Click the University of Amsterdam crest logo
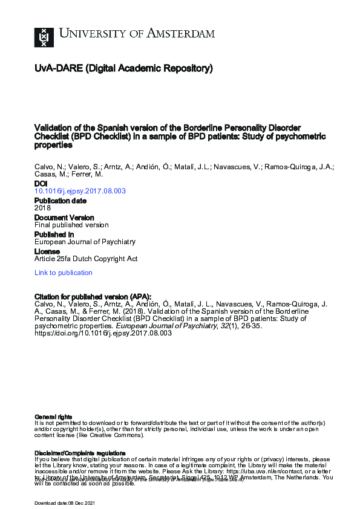pos(43,38)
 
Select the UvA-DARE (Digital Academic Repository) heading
pos(123,69)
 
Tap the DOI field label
pos(40,183)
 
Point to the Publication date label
pos(60,200)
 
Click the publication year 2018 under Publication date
pos(43,208)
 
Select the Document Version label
pos(64,217)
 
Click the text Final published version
pos(71,225)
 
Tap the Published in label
pos(54,234)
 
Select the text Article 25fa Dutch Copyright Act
pos(86,259)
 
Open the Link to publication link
pos(64,273)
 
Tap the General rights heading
pos(53,417)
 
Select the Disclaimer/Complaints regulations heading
pos(80,453)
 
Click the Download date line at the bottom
pos(64,503)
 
